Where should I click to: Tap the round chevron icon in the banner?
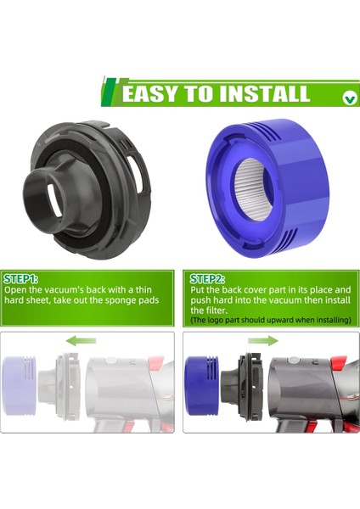pos(350,98)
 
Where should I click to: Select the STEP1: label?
pos(22,278)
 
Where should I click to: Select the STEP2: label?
pos(207,278)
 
